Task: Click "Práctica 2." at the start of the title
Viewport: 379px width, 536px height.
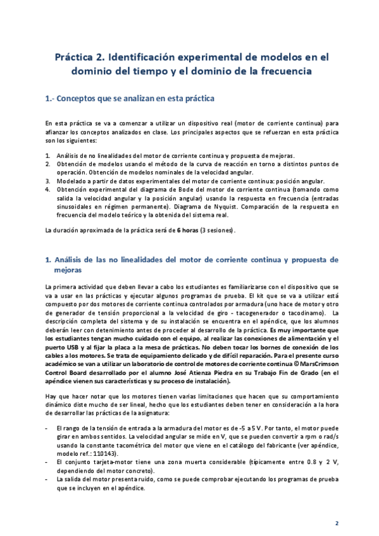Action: click(77, 56)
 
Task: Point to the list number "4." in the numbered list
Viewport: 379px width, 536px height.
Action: click(48, 189)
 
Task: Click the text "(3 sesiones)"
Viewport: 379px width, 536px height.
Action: click(217, 230)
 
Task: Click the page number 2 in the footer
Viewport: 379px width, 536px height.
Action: click(336, 523)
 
